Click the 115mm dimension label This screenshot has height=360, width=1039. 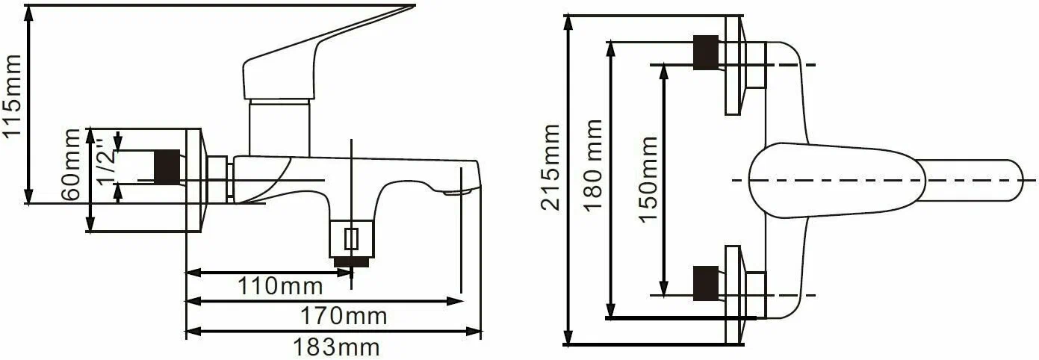12,96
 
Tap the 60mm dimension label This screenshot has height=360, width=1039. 72,165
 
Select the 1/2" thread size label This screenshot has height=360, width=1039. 106,161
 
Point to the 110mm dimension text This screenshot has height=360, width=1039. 280,286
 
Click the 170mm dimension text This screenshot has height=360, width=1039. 344,316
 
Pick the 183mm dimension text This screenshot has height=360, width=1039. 337,347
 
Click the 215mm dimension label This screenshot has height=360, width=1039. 551,167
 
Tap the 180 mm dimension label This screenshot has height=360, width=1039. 593,166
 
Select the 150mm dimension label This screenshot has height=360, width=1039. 648,179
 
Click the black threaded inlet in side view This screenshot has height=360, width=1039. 167,167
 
